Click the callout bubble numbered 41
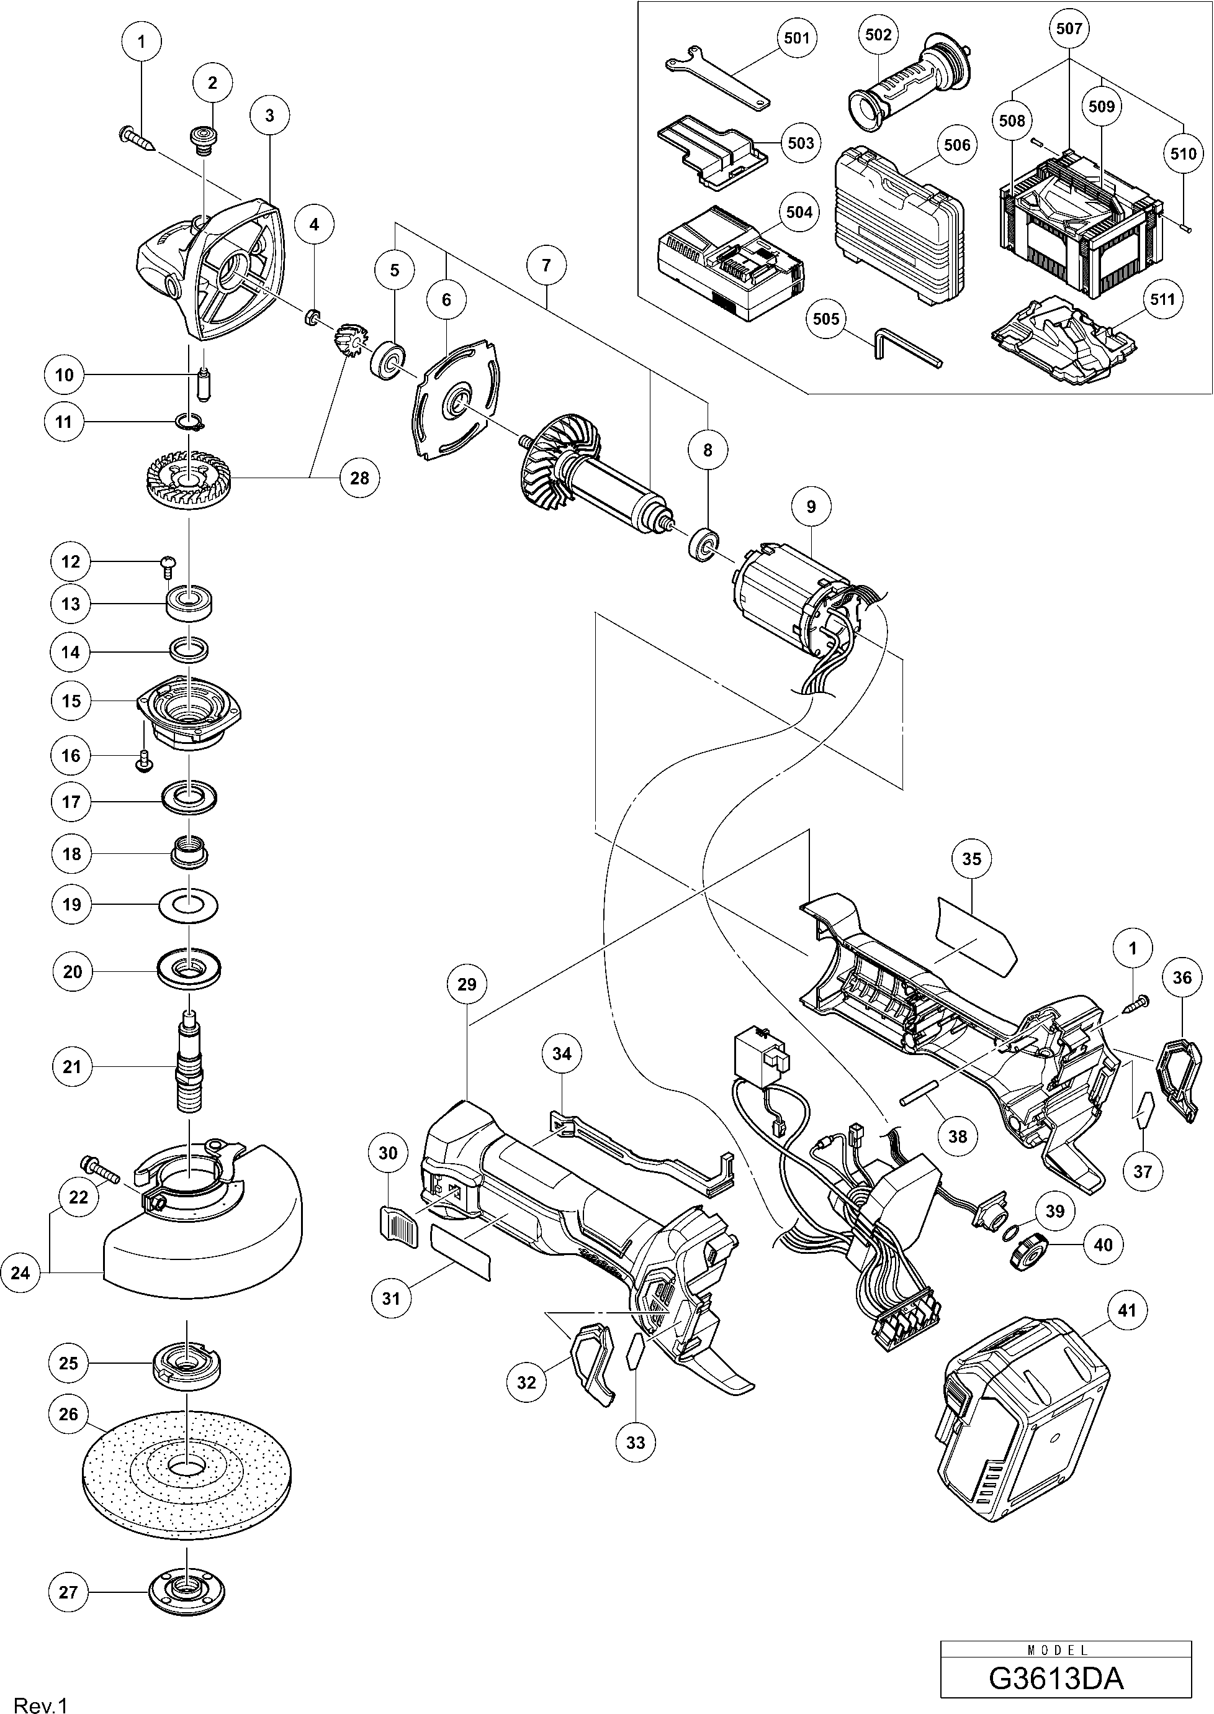click(x=1126, y=1310)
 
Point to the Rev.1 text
click(x=41, y=1700)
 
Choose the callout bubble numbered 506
click(x=957, y=144)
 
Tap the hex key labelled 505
click(x=906, y=352)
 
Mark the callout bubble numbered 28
click(x=359, y=478)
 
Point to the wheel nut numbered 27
click(x=187, y=1589)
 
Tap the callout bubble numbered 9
click(x=811, y=507)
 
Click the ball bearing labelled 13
click(x=189, y=601)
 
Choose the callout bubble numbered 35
click(x=971, y=859)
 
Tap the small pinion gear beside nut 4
click(x=348, y=340)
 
